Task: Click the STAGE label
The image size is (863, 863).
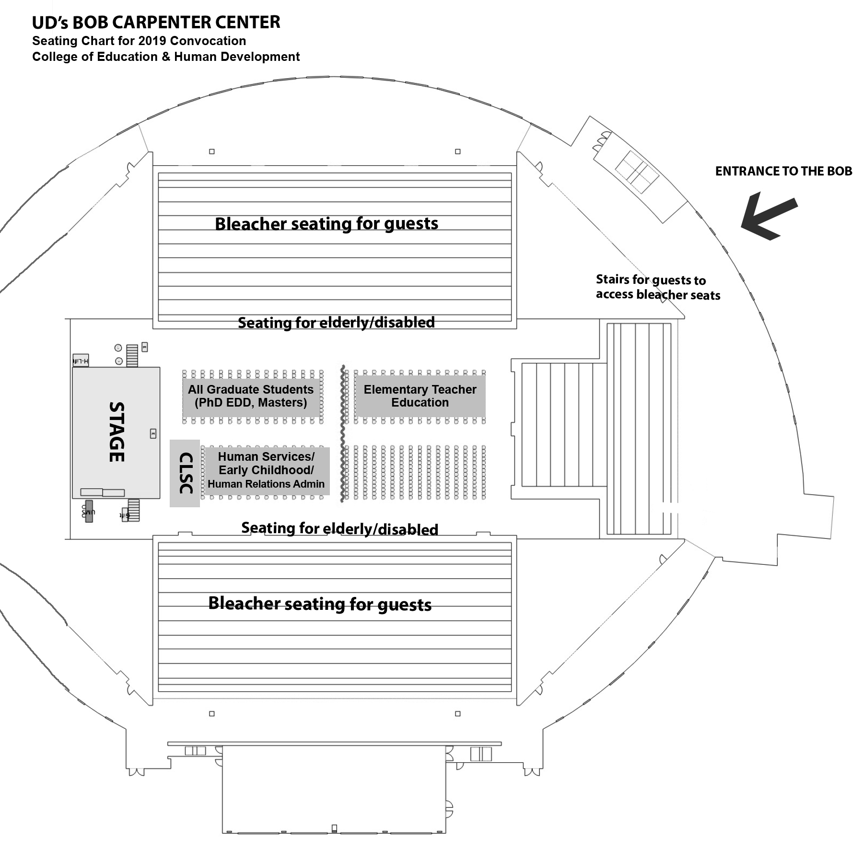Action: [117, 432]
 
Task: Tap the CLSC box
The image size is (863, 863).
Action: [185, 473]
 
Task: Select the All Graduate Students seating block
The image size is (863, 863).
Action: [251, 396]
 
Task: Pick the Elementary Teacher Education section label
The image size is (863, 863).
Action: [420, 396]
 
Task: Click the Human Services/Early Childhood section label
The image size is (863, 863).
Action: [266, 470]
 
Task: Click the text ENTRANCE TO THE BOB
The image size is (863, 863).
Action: [783, 171]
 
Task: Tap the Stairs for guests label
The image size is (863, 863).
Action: [657, 287]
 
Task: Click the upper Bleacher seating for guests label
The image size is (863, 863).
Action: [327, 223]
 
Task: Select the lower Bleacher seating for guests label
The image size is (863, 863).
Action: [320, 604]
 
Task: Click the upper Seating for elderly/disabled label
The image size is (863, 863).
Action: [336, 322]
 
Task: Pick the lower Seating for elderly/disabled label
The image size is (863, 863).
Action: [339, 528]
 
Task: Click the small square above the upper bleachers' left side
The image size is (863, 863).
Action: [212, 152]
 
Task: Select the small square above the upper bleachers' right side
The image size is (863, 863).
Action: [458, 152]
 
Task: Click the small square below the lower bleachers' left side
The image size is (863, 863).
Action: [212, 714]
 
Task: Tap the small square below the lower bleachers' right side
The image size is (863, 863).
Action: [458, 714]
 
